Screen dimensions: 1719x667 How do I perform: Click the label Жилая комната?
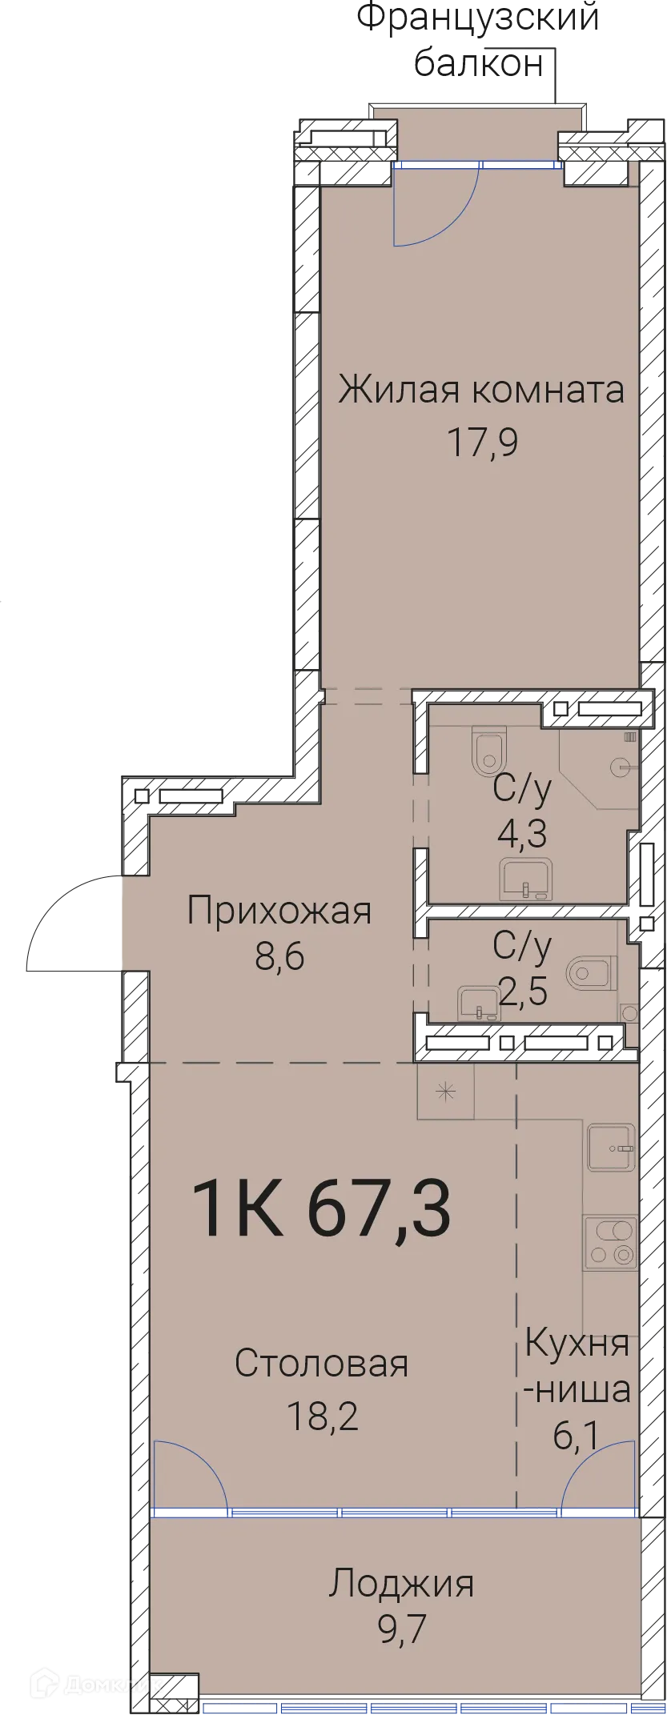click(x=480, y=391)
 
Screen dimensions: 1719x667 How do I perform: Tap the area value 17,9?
click(x=482, y=442)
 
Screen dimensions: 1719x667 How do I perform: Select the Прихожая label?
click(x=279, y=911)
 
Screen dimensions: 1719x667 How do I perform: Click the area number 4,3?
click(x=522, y=834)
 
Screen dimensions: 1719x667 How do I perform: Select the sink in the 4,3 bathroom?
click(x=526, y=880)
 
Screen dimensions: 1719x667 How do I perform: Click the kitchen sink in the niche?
click(x=611, y=1148)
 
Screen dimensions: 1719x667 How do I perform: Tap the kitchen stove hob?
click(x=610, y=1243)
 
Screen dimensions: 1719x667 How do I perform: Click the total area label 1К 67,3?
click(x=322, y=1209)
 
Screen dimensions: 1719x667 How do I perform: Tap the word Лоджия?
click(x=400, y=1583)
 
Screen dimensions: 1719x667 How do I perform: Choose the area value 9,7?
click(x=400, y=1628)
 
